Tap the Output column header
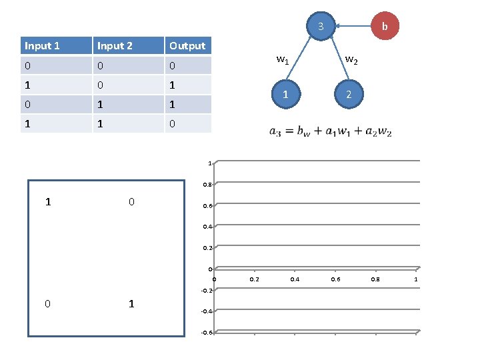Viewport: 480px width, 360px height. point(188,45)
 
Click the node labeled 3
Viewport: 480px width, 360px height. point(321,27)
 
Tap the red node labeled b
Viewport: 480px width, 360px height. point(384,27)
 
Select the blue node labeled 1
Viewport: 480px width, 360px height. point(285,95)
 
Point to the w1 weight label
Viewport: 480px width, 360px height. point(282,61)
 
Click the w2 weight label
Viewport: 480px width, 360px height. point(351,61)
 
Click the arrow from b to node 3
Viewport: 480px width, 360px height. point(353,27)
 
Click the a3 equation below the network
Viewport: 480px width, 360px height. point(330,131)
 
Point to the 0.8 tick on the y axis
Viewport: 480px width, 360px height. point(207,185)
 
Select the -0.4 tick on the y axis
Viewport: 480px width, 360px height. point(207,311)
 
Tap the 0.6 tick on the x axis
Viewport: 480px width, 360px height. point(335,279)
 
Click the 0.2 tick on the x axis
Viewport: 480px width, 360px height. point(254,279)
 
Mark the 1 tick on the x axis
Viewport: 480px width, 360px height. point(416,279)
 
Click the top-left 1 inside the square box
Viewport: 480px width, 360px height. point(47,201)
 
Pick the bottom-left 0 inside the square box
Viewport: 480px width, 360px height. point(47,303)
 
